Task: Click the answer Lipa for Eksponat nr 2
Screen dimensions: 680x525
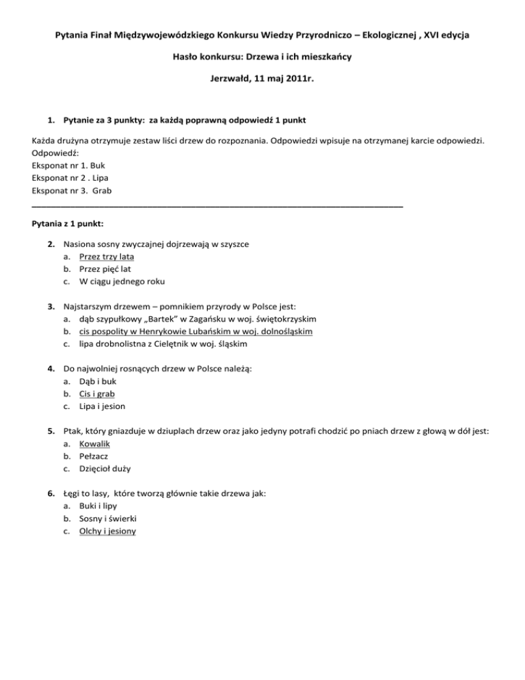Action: [102, 178]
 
